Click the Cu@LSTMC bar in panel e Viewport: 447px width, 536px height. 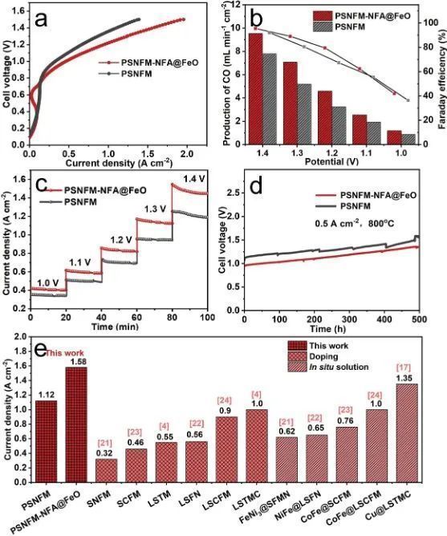(x=407, y=432)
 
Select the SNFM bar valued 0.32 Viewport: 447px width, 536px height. (x=107, y=470)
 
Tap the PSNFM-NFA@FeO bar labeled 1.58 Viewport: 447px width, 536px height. (x=76, y=424)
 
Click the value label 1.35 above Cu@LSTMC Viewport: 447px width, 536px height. (x=407, y=379)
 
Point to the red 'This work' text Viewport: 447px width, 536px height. (x=65, y=353)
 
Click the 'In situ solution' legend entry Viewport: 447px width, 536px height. (x=339, y=367)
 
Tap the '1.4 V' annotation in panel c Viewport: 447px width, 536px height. (x=194, y=179)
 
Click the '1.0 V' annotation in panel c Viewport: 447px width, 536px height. (x=47, y=282)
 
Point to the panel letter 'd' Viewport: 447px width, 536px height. (x=258, y=187)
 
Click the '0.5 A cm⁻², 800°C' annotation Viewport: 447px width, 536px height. (x=356, y=224)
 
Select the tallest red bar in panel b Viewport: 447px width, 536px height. (x=255, y=89)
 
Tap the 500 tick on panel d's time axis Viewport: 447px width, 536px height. (x=419, y=319)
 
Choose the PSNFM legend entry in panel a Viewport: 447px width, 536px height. (x=125, y=74)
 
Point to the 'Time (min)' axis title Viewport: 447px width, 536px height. (x=115, y=327)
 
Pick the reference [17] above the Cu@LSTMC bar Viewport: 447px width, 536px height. (x=407, y=368)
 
